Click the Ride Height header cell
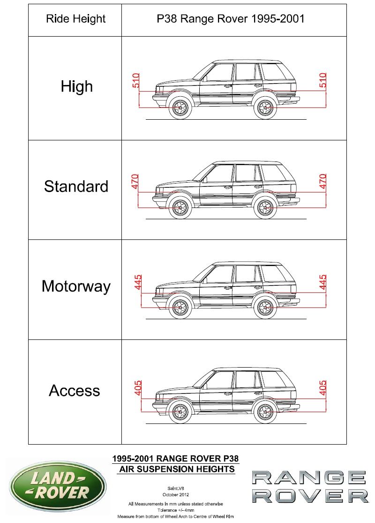tap(75, 19)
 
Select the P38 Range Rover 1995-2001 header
tap(231, 19)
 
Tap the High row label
tap(76, 86)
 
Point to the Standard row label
tap(76, 186)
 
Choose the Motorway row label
tap(76, 287)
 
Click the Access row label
tap(75, 391)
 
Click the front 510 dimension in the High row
tap(136, 80)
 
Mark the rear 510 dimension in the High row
tap(322, 80)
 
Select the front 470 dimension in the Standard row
tap(135, 181)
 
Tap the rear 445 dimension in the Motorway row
tap(322, 282)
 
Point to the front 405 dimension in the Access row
tap(138, 388)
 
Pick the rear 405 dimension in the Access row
tap(322, 388)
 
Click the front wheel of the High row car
tap(180, 108)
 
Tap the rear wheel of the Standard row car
tap(265, 208)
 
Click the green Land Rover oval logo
tap(58, 485)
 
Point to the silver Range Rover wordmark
tap(310, 487)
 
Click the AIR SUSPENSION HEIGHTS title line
tap(177, 469)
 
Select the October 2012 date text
tap(175, 495)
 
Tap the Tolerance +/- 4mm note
tap(175, 510)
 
